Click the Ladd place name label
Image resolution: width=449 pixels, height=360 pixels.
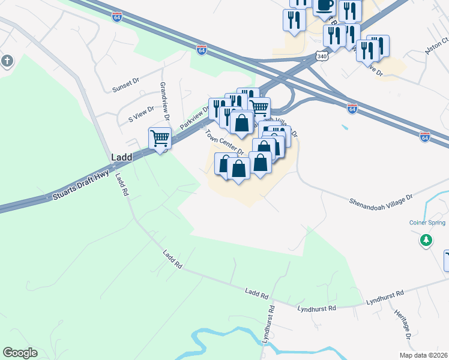(x=121, y=157)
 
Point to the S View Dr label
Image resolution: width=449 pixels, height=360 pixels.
(x=142, y=115)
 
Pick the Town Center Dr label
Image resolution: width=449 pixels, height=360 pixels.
(x=224, y=143)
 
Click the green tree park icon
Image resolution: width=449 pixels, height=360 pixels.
(x=425, y=240)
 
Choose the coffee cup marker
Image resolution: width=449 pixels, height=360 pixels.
(x=325, y=5)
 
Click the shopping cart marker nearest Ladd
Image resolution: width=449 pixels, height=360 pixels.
(x=160, y=139)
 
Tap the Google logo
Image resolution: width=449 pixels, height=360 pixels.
(x=20, y=352)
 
